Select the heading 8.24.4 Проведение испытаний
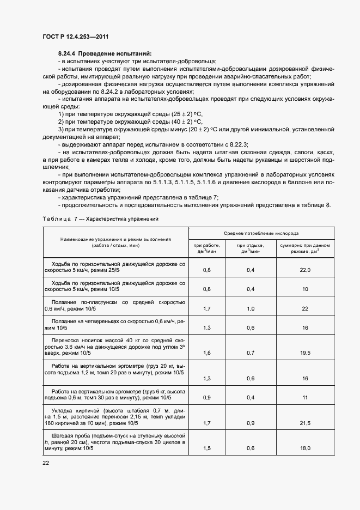(104, 53)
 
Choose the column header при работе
(206, 248)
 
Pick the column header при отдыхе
(251, 248)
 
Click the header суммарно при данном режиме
(305, 248)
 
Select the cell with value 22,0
(305, 270)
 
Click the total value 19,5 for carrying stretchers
(305, 353)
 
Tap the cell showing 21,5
(305, 423)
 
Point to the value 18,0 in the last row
(305, 448)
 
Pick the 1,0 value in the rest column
(251, 308)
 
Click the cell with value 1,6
(206, 353)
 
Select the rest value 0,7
(251, 353)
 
